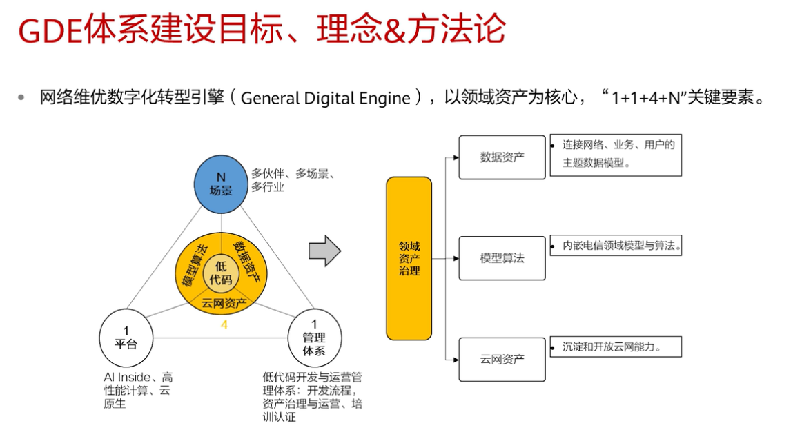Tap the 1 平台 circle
pyautogui.click(x=126, y=338)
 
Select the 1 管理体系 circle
pyautogui.click(x=314, y=338)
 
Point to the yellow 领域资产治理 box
pyautogui.click(x=409, y=258)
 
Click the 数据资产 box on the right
pyautogui.click(x=502, y=157)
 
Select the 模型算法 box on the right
pyautogui.click(x=502, y=258)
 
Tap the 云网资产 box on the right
pyautogui.click(x=502, y=359)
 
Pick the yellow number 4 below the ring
pyautogui.click(x=224, y=325)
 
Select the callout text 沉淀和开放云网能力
pyautogui.click(x=612, y=347)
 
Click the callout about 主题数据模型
pyautogui.click(x=616, y=155)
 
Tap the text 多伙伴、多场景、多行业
pyautogui.click(x=293, y=180)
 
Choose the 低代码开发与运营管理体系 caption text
pyautogui.click(x=313, y=397)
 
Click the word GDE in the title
pyautogui.click(x=50, y=30)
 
